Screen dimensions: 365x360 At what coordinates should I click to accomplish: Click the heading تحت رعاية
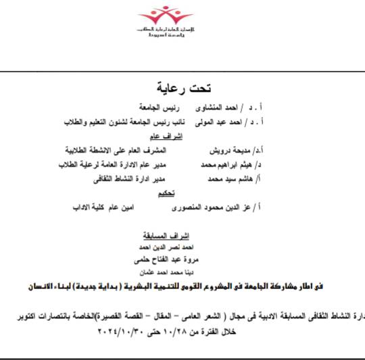point(185,88)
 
